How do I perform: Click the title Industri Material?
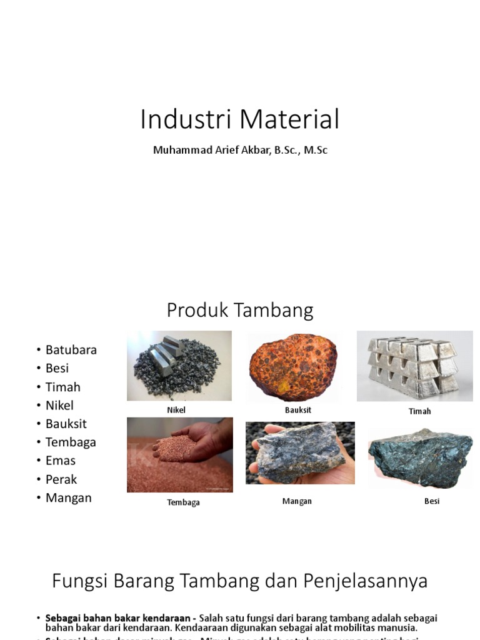coord(239,119)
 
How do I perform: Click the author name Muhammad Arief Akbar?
coord(240,151)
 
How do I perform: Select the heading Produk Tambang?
coord(239,310)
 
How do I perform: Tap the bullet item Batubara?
coord(71,350)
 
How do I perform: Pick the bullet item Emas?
coord(60,461)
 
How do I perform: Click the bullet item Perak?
coord(61,479)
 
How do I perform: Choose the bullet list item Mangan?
coord(68,498)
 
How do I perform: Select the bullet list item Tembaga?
coord(71,442)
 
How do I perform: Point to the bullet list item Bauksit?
coord(66,424)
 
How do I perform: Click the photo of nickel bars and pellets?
coord(179,366)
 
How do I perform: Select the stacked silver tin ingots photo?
coord(414,366)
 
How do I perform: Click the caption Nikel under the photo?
coord(176,411)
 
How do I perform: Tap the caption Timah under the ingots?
coord(419,411)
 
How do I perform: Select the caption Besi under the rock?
coord(431,501)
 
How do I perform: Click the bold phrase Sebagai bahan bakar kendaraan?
coord(119,618)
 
